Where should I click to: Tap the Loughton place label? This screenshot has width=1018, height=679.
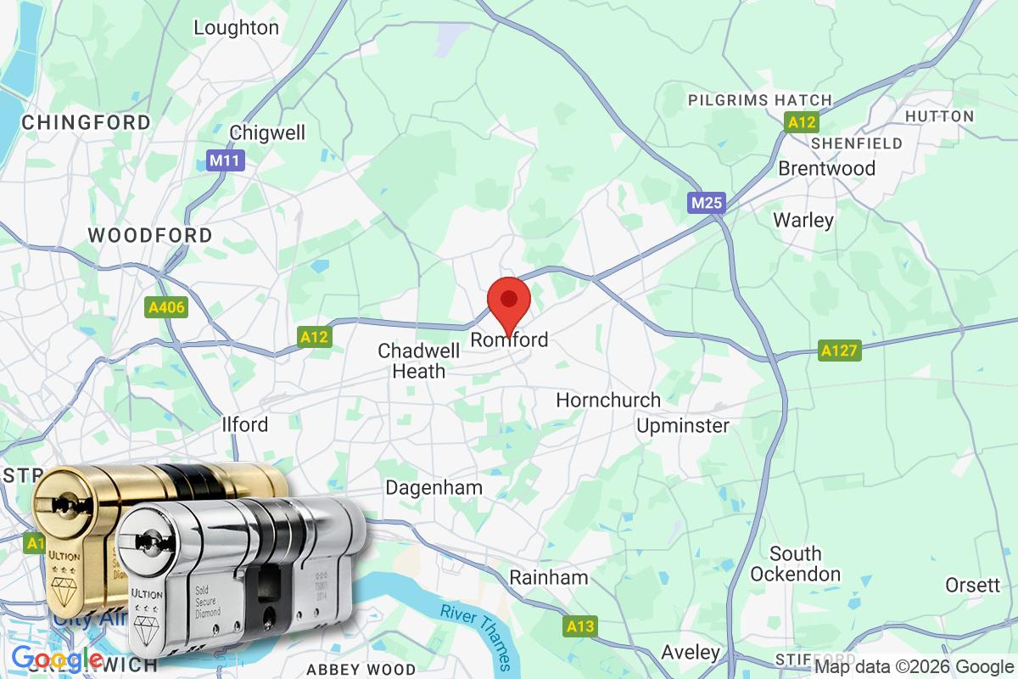[x=236, y=27]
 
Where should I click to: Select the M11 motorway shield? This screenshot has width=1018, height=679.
[x=226, y=160]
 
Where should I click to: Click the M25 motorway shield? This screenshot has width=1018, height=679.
[x=706, y=204]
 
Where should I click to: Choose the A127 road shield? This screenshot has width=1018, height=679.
[x=840, y=350]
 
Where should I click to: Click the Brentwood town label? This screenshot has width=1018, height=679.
[x=827, y=168]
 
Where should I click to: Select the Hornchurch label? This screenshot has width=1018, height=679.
[x=608, y=400]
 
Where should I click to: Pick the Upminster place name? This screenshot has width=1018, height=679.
[x=683, y=425]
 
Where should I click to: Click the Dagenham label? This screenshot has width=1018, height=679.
[x=433, y=488]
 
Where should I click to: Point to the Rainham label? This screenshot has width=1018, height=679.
[x=549, y=578]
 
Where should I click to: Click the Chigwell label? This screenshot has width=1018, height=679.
[x=267, y=132]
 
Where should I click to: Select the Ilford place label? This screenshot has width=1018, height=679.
[x=244, y=424]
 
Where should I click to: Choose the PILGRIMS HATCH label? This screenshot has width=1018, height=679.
[x=760, y=100]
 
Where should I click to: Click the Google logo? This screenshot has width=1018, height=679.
[x=58, y=658]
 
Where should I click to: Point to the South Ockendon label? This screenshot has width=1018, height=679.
[x=796, y=564]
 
